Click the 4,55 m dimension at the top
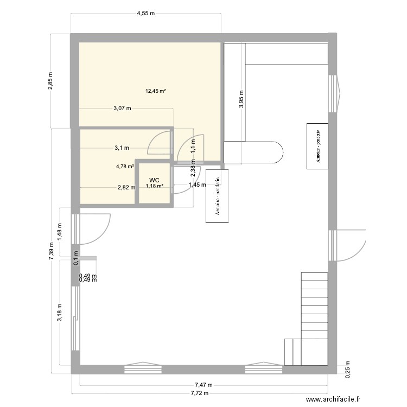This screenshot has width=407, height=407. pyautogui.click(x=145, y=12)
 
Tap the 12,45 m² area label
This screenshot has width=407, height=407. pyautogui.click(x=155, y=91)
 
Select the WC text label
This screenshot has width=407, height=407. pyautogui.click(x=154, y=180)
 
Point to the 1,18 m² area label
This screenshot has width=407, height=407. pyautogui.click(x=154, y=186)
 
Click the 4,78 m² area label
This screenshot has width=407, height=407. pyautogui.click(x=124, y=167)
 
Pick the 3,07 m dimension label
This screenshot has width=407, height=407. pyautogui.click(x=122, y=108)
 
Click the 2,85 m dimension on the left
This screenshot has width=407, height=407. pyautogui.click(x=50, y=80)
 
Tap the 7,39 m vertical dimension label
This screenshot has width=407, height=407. pyautogui.click(x=50, y=251)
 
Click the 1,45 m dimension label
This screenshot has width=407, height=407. pyautogui.click(x=197, y=185)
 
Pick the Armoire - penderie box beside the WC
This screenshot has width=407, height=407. pyautogui.click(x=218, y=196)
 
